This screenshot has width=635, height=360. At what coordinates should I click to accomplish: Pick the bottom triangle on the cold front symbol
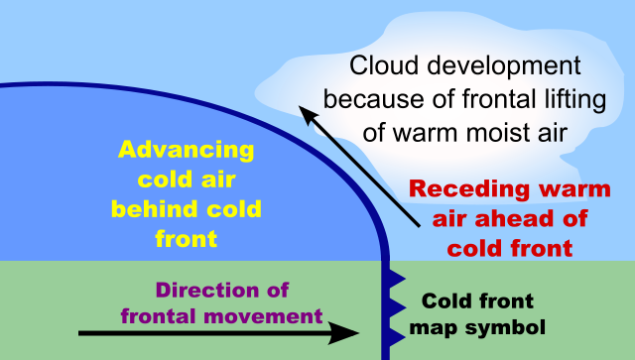(392, 336)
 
